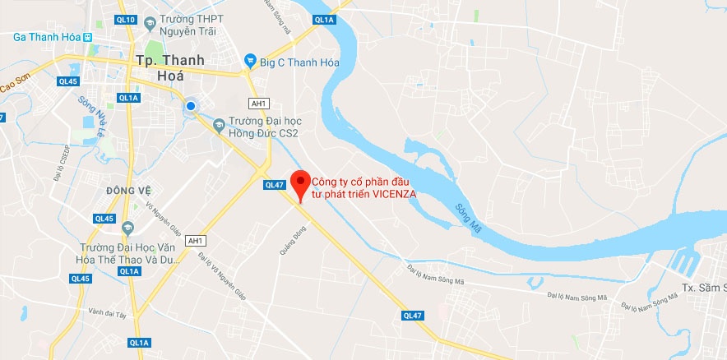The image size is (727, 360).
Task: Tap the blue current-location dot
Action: pyautogui.click(x=191, y=105)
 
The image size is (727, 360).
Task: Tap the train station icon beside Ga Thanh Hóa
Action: pyautogui.click(x=88, y=36)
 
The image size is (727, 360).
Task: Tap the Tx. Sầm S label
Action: pyautogui.click(x=704, y=288)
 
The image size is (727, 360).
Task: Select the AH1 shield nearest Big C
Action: pyautogui.click(x=258, y=102)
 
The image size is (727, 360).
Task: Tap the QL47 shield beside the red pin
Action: pyautogui.click(x=274, y=185)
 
